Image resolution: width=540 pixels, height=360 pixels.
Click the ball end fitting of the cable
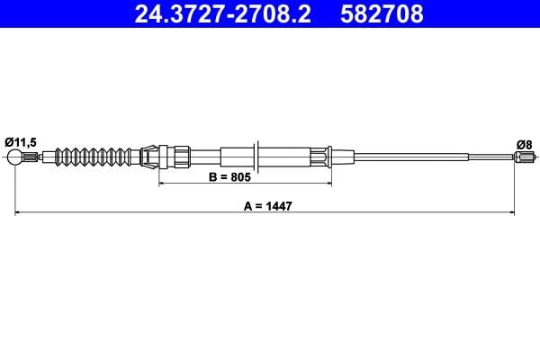click(16, 159)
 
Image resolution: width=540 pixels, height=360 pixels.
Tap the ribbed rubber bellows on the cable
click(91, 157)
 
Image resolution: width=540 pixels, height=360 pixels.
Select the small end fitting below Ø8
click(522, 159)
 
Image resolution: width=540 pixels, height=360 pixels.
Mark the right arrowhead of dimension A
click(512, 213)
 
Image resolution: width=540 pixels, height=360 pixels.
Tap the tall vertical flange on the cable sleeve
click(258, 157)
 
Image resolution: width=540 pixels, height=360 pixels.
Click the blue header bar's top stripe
click(270, 2)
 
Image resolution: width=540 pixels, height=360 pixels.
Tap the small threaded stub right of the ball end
click(33, 159)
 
